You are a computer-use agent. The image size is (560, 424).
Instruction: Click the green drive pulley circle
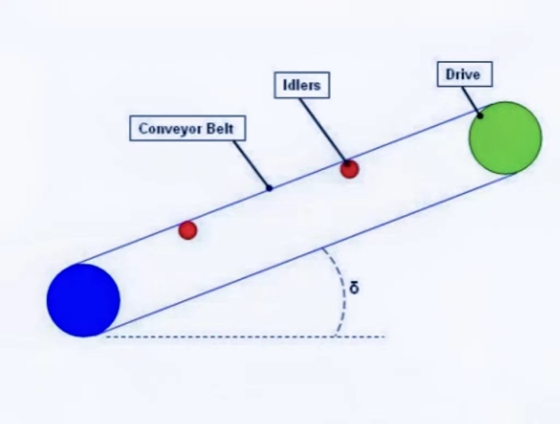point(505,137)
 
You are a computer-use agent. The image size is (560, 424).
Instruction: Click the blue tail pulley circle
point(83,300)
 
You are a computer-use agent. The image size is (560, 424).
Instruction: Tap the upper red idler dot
point(350,168)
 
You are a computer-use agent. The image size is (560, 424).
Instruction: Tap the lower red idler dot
point(187,230)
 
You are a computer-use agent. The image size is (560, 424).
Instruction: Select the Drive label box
point(464,75)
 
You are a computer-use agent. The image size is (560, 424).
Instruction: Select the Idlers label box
point(301,85)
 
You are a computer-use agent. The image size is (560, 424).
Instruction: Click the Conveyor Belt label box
point(187,128)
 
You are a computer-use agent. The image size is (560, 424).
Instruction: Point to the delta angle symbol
point(354,287)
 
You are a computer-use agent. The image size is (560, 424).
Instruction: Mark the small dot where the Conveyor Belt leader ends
point(269,188)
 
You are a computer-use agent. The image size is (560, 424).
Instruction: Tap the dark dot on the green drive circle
point(481,116)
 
